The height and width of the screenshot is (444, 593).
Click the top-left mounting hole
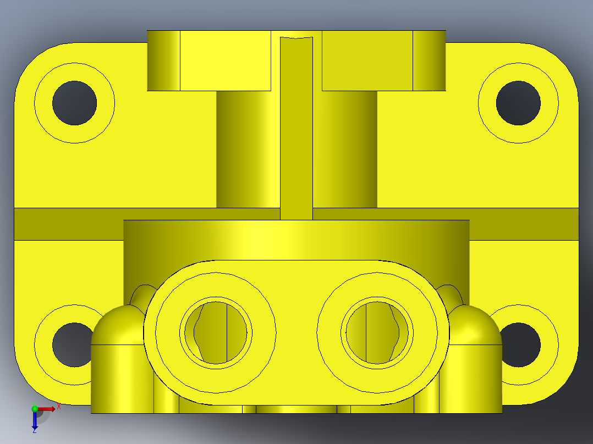point(74,103)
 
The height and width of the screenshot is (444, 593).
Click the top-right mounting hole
point(518,103)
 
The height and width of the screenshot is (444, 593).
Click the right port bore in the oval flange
point(377,332)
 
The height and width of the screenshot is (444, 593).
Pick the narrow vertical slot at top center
point(296,126)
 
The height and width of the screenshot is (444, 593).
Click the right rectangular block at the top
point(367,60)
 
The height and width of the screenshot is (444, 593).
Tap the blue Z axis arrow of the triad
point(35,423)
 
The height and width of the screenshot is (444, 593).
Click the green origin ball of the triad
point(35,409)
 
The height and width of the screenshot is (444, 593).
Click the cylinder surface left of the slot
point(248,148)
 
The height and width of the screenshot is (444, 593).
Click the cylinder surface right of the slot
point(345,148)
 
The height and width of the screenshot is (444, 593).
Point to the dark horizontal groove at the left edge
point(66,224)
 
